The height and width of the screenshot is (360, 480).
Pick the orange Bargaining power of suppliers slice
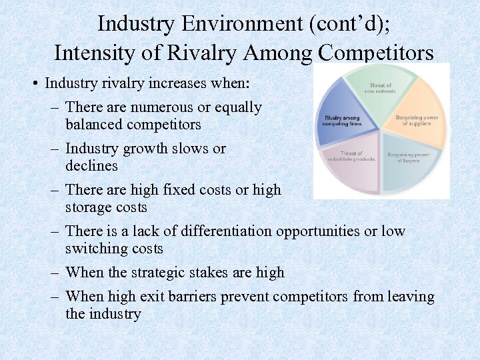pos(417,120)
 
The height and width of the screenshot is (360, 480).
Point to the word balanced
pos(93,124)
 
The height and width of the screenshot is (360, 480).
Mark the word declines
pos(91,165)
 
